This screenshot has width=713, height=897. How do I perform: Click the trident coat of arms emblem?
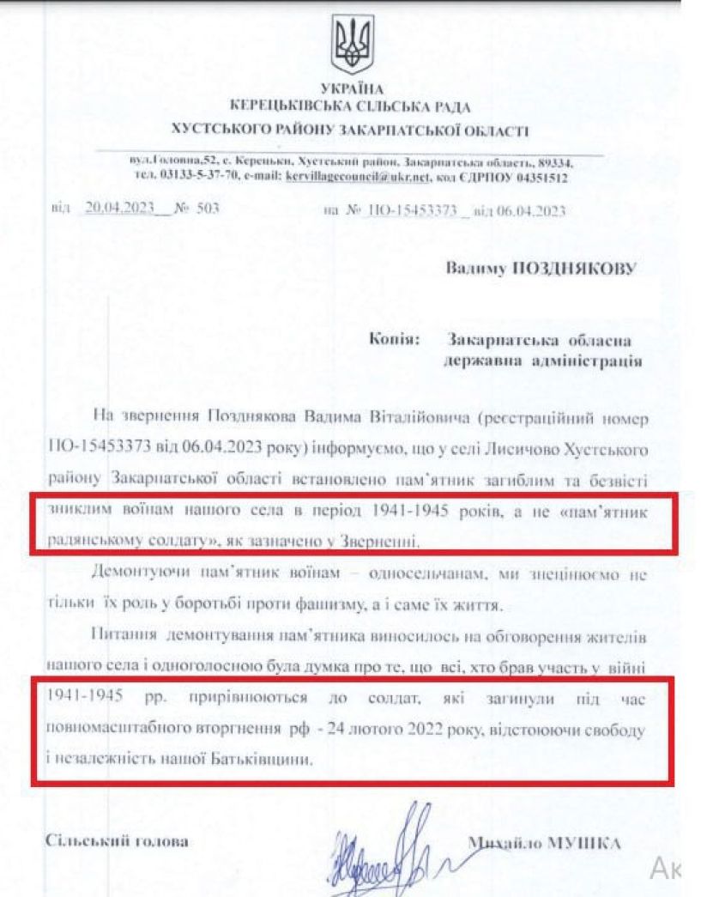point(352,45)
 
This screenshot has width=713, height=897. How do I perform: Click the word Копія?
point(393,341)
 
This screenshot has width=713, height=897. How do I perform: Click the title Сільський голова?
point(117,840)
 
